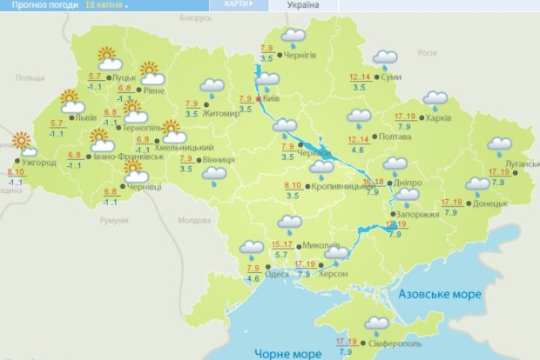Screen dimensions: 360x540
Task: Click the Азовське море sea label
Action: pos(440,295)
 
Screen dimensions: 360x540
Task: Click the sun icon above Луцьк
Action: pos(109,60)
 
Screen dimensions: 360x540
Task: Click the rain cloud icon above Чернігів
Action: pos(294,37)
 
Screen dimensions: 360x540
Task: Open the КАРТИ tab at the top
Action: pos(239,4)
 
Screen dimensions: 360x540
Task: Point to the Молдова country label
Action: pos(193,220)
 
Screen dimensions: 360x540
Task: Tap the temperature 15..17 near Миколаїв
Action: pos(282,244)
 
